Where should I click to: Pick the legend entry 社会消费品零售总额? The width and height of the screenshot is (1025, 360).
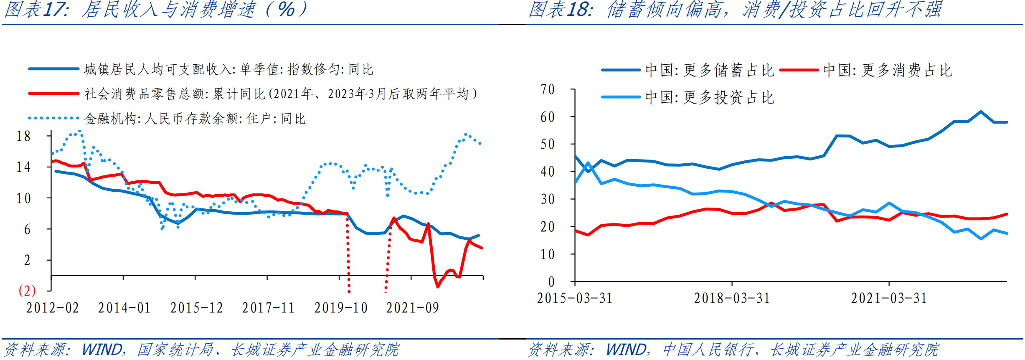pos(280,94)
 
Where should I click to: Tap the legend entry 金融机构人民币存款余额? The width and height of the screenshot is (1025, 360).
pos(195,119)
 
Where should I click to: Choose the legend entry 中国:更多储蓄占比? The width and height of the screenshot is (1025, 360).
pos(709,70)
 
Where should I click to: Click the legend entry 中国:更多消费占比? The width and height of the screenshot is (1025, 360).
pos(887,70)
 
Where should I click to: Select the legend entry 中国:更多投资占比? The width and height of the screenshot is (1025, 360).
pos(709,97)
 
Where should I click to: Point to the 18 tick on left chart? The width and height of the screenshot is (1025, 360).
pos(23,136)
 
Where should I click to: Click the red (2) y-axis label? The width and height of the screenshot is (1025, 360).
pos(27,291)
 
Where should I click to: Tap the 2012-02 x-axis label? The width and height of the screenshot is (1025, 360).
pos(53,308)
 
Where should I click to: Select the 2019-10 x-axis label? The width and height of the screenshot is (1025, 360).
pos(341,308)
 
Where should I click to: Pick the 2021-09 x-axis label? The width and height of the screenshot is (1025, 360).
pos(413,308)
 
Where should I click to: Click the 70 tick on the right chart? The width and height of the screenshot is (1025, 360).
pos(548,89)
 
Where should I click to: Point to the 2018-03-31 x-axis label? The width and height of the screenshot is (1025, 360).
pos(732,298)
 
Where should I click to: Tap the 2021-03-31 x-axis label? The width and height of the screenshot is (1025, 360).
pos(889,298)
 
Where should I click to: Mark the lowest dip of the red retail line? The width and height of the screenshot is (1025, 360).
pos(438,286)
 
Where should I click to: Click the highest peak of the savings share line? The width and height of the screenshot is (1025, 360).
pos(981,112)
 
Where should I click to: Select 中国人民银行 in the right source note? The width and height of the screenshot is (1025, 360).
pos(708,350)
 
